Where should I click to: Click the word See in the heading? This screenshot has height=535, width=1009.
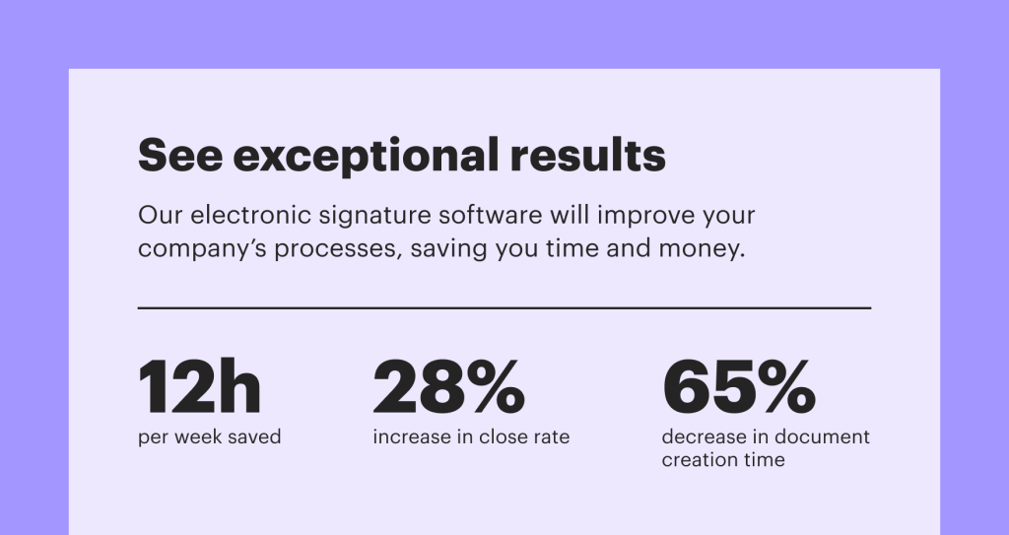click(181, 155)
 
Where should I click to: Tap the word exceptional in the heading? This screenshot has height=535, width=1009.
click(367, 157)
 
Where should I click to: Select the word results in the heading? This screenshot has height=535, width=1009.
click(588, 155)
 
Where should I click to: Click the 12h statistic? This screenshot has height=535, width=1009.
click(199, 387)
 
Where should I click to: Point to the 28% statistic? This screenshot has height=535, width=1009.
click(449, 387)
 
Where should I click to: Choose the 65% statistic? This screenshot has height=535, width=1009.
click(739, 387)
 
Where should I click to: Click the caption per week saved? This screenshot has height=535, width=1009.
click(210, 437)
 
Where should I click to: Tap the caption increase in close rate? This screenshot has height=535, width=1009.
click(471, 436)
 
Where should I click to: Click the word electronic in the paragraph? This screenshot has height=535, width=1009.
click(251, 215)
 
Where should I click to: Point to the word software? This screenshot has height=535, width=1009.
click(491, 215)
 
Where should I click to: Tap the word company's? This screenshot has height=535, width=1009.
click(202, 250)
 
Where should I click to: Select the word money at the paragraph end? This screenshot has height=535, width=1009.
click(702, 250)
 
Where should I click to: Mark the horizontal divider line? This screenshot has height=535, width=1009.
click(504, 308)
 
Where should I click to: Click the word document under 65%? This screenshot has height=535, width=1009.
click(823, 436)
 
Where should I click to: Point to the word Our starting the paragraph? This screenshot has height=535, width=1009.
click(161, 215)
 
